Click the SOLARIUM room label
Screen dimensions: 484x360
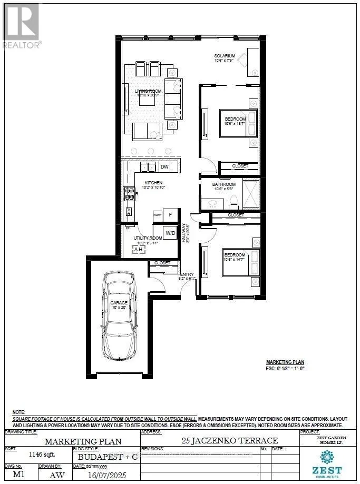[225, 56]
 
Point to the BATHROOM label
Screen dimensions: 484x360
[223, 184]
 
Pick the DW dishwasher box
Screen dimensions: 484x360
[164, 167]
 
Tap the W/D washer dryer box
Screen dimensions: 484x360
[171, 232]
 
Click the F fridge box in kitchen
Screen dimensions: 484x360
[170, 215]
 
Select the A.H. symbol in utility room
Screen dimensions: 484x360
[139, 250]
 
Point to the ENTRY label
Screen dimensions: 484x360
[187, 274]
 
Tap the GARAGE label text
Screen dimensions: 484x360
[119, 303]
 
